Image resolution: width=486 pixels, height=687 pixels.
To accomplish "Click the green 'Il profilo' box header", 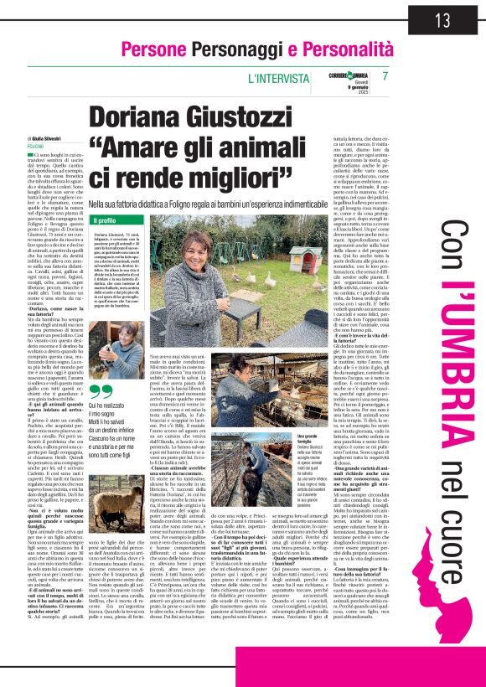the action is pos(104,220).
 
